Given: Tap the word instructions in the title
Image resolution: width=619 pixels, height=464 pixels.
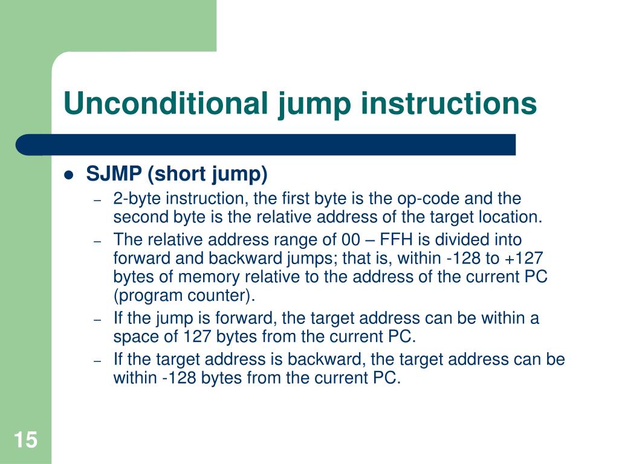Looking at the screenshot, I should [x=449, y=103].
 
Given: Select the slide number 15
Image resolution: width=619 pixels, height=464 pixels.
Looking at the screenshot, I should [x=25, y=440].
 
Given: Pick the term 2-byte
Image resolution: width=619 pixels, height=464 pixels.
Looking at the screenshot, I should [x=137, y=199].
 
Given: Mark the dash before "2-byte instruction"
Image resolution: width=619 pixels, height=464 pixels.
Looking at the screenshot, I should [x=98, y=199].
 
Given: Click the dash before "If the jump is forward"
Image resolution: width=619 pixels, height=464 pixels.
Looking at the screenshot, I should [x=98, y=319].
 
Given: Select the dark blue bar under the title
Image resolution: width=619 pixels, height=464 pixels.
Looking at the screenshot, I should [x=266, y=145].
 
